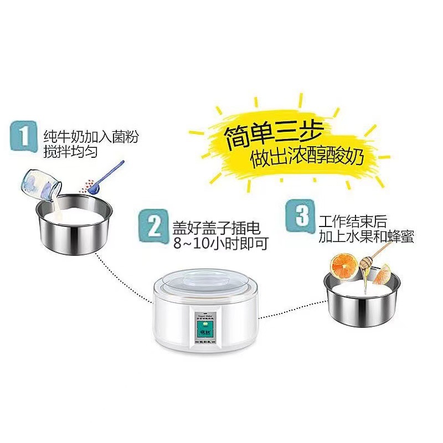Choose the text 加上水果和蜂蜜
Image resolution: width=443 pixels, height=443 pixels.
pos(366,238)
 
